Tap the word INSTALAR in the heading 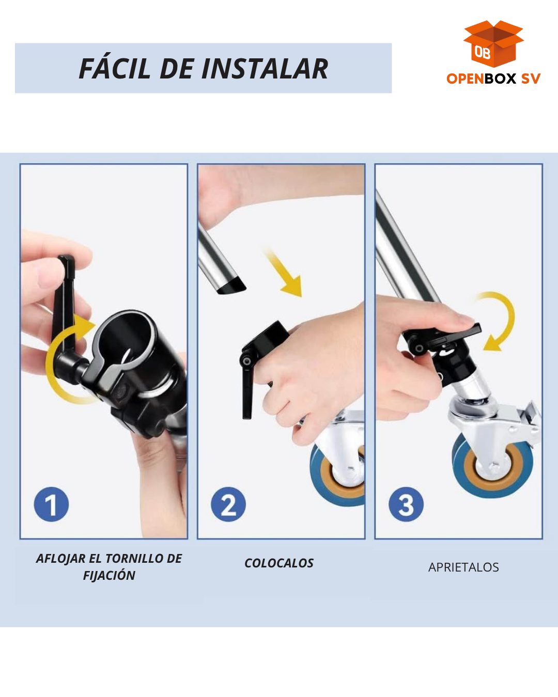tap(265, 69)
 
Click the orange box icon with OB tap(493, 44)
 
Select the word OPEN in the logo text tap(466, 78)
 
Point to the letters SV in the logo tap(531, 78)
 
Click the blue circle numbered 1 tap(51, 504)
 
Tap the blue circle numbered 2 tap(228, 504)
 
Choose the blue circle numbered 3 tap(406, 504)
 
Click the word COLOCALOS tap(279, 563)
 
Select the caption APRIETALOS tap(463, 567)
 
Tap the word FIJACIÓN tap(109, 576)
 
